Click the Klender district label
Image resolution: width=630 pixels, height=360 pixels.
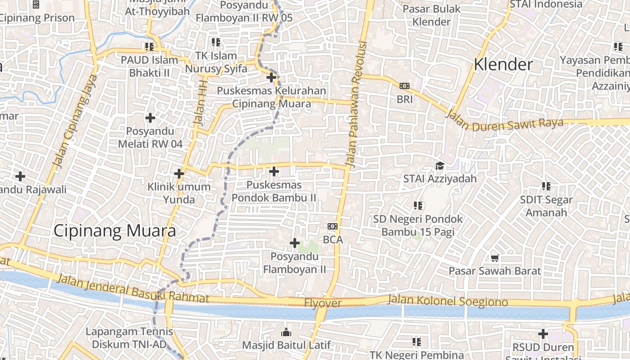pos(504,65)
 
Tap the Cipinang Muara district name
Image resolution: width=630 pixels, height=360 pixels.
pos(114,231)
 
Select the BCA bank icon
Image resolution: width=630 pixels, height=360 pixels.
pos(333,226)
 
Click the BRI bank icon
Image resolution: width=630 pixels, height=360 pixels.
pos(405,85)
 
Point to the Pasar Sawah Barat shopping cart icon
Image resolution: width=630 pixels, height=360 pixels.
pos(495,257)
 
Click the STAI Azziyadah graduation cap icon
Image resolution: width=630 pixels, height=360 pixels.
pos(440,166)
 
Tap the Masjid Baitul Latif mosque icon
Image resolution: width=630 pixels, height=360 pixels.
pos(286,333)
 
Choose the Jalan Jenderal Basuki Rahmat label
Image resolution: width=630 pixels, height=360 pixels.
pos(133,288)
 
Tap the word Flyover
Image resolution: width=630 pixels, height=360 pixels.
pos(323,303)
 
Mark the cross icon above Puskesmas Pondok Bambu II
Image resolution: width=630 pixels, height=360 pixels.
pos(274,171)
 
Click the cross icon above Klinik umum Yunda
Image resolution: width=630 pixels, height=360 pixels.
pos(179,173)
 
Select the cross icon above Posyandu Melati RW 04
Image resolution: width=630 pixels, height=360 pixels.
pos(150,118)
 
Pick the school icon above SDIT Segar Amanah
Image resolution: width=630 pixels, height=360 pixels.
pos(546,186)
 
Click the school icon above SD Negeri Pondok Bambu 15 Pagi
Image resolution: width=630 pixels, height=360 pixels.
pos(418,205)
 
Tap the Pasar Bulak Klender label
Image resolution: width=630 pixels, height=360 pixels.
pos(432,15)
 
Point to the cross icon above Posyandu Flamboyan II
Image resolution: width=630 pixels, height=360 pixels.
pos(295,243)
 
